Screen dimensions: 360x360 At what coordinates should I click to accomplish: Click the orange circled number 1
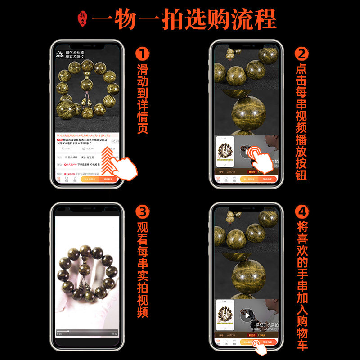(142, 54)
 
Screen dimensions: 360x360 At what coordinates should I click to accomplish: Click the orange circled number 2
(301, 54)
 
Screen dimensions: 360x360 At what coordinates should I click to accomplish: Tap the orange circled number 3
(142, 211)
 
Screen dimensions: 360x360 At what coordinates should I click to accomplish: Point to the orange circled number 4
(301, 211)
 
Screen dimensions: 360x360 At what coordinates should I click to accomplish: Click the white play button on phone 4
(247, 315)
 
